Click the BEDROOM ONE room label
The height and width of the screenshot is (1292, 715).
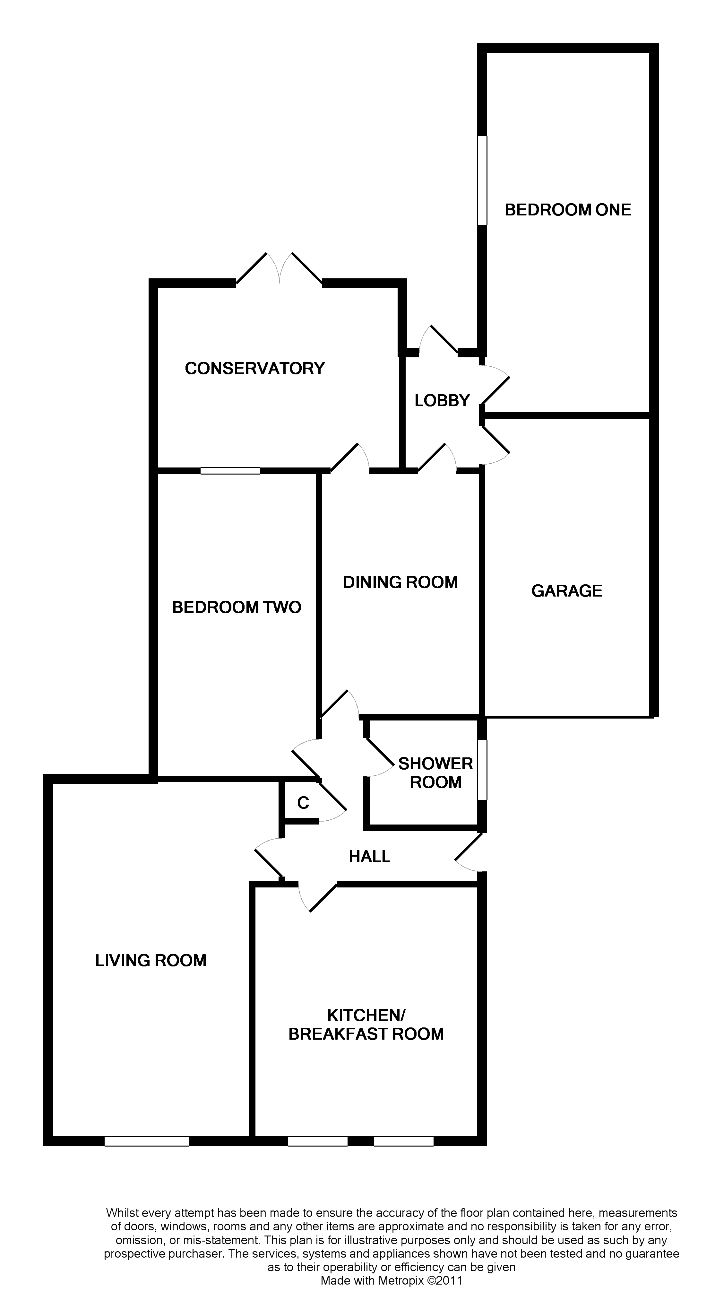click(568, 210)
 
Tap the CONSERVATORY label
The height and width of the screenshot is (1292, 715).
click(255, 369)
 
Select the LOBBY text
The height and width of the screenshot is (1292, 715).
click(442, 401)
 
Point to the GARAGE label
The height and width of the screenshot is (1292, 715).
click(567, 591)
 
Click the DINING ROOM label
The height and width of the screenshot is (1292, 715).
click(400, 582)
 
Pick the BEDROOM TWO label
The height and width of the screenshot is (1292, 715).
click(237, 607)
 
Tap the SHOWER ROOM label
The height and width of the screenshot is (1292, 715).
click(435, 773)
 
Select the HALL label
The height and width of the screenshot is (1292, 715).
click(369, 857)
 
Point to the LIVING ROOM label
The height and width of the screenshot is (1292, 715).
click(151, 960)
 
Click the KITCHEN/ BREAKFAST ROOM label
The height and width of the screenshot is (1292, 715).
click(366, 1025)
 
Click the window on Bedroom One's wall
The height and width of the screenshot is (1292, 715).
click(482, 180)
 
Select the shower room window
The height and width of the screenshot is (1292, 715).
click(482, 770)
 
